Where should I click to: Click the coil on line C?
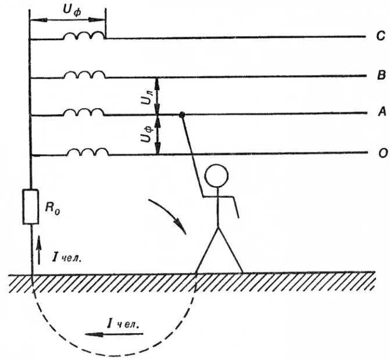(x=84, y=35)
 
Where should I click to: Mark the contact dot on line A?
(x=182, y=115)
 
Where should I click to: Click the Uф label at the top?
(x=71, y=10)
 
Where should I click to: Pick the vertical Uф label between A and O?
(x=146, y=136)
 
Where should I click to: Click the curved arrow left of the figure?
(x=169, y=215)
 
